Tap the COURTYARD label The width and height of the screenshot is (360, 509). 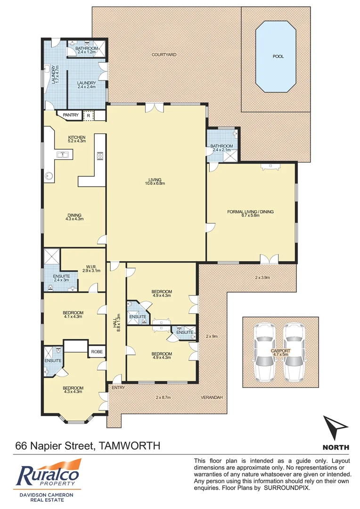tap(164, 55)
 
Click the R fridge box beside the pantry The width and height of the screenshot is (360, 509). tap(88, 115)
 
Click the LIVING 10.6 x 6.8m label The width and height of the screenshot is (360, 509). tap(155, 182)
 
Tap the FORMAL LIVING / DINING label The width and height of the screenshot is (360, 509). tap(250, 214)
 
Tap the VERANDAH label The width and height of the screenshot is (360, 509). tap(212, 397)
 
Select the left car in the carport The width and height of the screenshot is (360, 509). tap(266, 352)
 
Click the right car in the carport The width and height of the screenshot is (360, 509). tap(293, 352)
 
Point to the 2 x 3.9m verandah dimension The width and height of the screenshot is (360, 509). tap(262, 278)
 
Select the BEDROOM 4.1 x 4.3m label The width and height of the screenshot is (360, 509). tap(73, 315)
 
